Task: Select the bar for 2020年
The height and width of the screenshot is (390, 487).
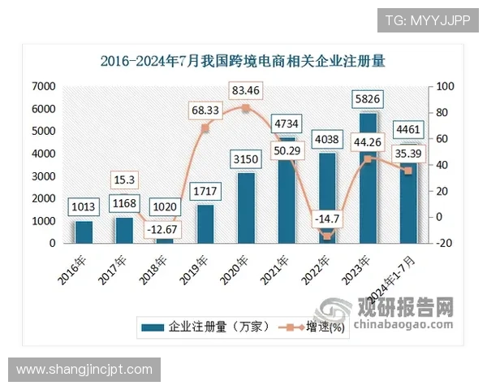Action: pos(245,207)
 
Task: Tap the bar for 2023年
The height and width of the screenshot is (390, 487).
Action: pos(368,178)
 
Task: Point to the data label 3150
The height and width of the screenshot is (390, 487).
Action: pos(245,158)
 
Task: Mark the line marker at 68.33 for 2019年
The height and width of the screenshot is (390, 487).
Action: pos(205,128)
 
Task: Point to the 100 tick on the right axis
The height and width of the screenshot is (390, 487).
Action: pos(445,86)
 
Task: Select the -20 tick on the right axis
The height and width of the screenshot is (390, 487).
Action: pos(445,243)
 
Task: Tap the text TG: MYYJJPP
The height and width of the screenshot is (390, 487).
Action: pos(427,20)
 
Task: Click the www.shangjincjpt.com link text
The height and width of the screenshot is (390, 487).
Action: pos(84,370)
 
